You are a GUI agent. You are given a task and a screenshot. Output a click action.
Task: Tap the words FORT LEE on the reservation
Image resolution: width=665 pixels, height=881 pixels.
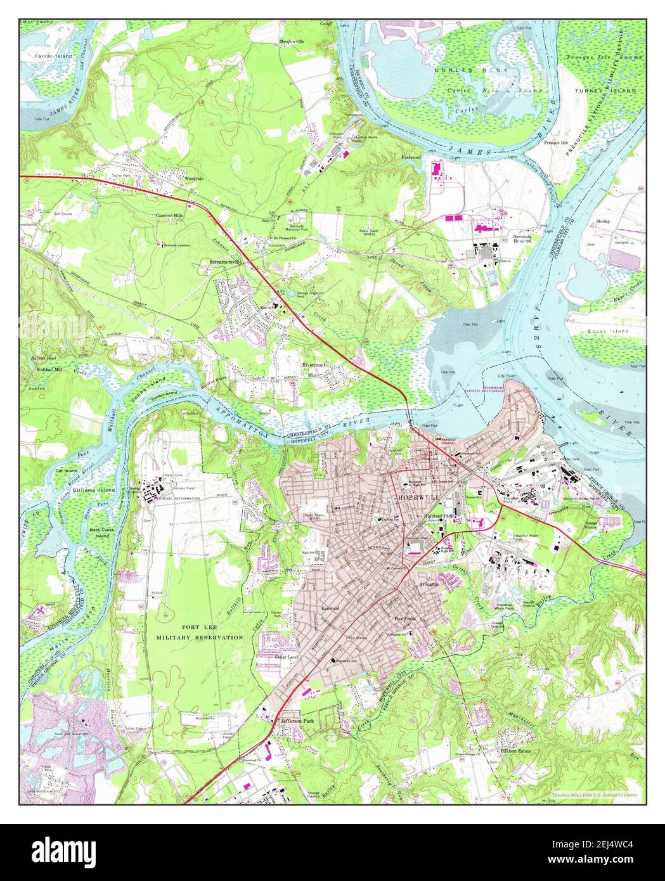(x=181, y=627)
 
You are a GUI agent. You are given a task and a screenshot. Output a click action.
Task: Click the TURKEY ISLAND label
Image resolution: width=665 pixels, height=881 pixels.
(x=605, y=91)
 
